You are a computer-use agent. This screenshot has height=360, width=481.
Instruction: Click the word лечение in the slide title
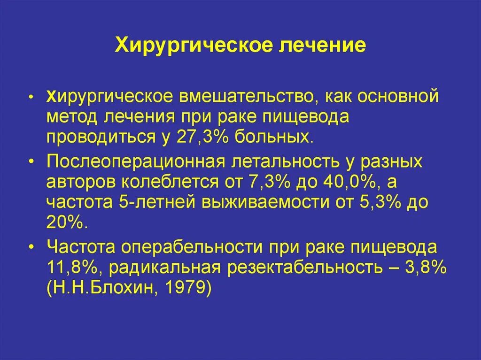coord(320,46)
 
